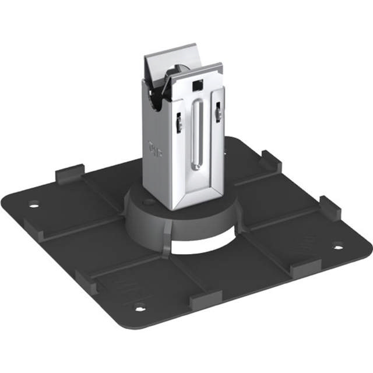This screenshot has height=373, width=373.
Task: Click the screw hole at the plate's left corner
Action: [x=34, y=205]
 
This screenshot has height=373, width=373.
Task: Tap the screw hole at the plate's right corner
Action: [x=338, y=246]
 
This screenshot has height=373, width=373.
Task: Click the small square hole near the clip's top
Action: [x=196, y=85]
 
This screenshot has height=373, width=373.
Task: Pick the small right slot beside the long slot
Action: [x=217, y=112]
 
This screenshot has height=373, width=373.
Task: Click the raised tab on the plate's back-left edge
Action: [x=69, y=175]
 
